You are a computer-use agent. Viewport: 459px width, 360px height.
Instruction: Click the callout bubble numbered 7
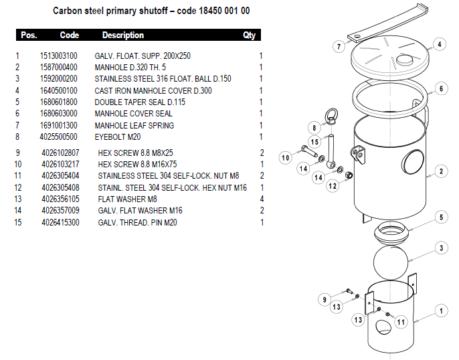point(340,47)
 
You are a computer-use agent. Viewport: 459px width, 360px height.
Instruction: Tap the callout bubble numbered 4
point(439,45)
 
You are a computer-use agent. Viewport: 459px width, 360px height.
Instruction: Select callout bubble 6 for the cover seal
point(440,88)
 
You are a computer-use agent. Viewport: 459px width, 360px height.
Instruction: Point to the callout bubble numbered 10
point(285,158)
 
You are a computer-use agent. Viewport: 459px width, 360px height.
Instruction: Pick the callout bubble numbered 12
point(333,186)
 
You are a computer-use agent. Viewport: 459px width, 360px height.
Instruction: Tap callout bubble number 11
point(401,322)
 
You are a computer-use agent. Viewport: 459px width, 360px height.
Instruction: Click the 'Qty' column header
point(250,35)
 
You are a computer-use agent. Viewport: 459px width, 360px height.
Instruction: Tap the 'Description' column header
point(122,35)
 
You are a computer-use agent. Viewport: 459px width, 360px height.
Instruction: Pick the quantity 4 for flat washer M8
point(262,199)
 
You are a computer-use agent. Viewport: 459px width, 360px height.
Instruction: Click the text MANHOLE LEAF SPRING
point(134,126)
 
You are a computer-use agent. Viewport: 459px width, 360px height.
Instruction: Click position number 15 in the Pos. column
point(18,222)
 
